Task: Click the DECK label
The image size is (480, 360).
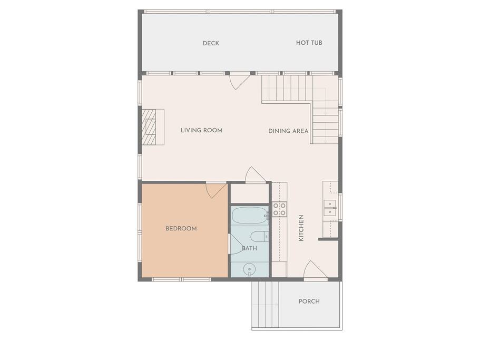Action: click(x=211, y=43)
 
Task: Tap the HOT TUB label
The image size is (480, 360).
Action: click(x=309, y=43)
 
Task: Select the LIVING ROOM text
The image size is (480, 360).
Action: click(x=201, y=130)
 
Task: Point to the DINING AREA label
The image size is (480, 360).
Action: click(x=288, y=131)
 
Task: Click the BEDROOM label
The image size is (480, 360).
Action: click(x=181, y=228)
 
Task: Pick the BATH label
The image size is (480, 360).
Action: click(x=250, y=248)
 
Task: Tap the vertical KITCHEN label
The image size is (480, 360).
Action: click(x=301, y=228)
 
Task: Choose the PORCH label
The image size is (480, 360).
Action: click(x=309, y=301)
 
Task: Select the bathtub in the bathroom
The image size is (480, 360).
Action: click(x=250, y=216)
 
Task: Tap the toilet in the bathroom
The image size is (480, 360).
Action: click(x=259, y=237)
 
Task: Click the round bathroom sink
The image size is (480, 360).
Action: click(x=249, y=269)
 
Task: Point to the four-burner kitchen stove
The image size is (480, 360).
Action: click(x=279, y=209)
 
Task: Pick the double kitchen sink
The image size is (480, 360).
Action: click(x=330, y=208)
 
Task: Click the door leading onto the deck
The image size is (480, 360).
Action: click(x=240, y=81)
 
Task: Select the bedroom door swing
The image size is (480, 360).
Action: click(x=216, y=190)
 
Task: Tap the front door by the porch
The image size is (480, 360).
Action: click(x=315, y=270)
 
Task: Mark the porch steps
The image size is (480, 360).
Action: click(x=265, y=305)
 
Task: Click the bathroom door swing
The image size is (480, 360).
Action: click(x=235, y=244)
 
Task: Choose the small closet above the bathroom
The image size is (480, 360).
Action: click(x=250, y=193)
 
